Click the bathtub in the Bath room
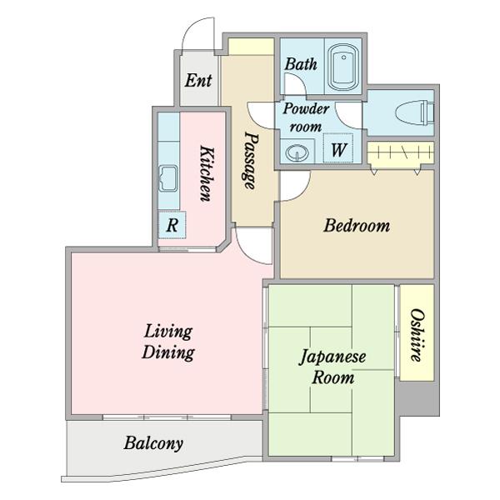point(343,67)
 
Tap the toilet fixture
point(414,112)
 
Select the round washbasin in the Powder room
point(297,152)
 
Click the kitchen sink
point(168,178)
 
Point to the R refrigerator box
point(172,225)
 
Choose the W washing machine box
point(338,148)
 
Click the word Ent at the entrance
point(198,80)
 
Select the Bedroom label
point(357,226)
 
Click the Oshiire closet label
point(417,335)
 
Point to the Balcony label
point(153,443)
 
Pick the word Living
point(168,332)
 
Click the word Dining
point(168,352)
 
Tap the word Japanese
point(332,357)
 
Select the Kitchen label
point(206,173)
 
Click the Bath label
point(301,64)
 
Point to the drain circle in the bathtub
point(343,57)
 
